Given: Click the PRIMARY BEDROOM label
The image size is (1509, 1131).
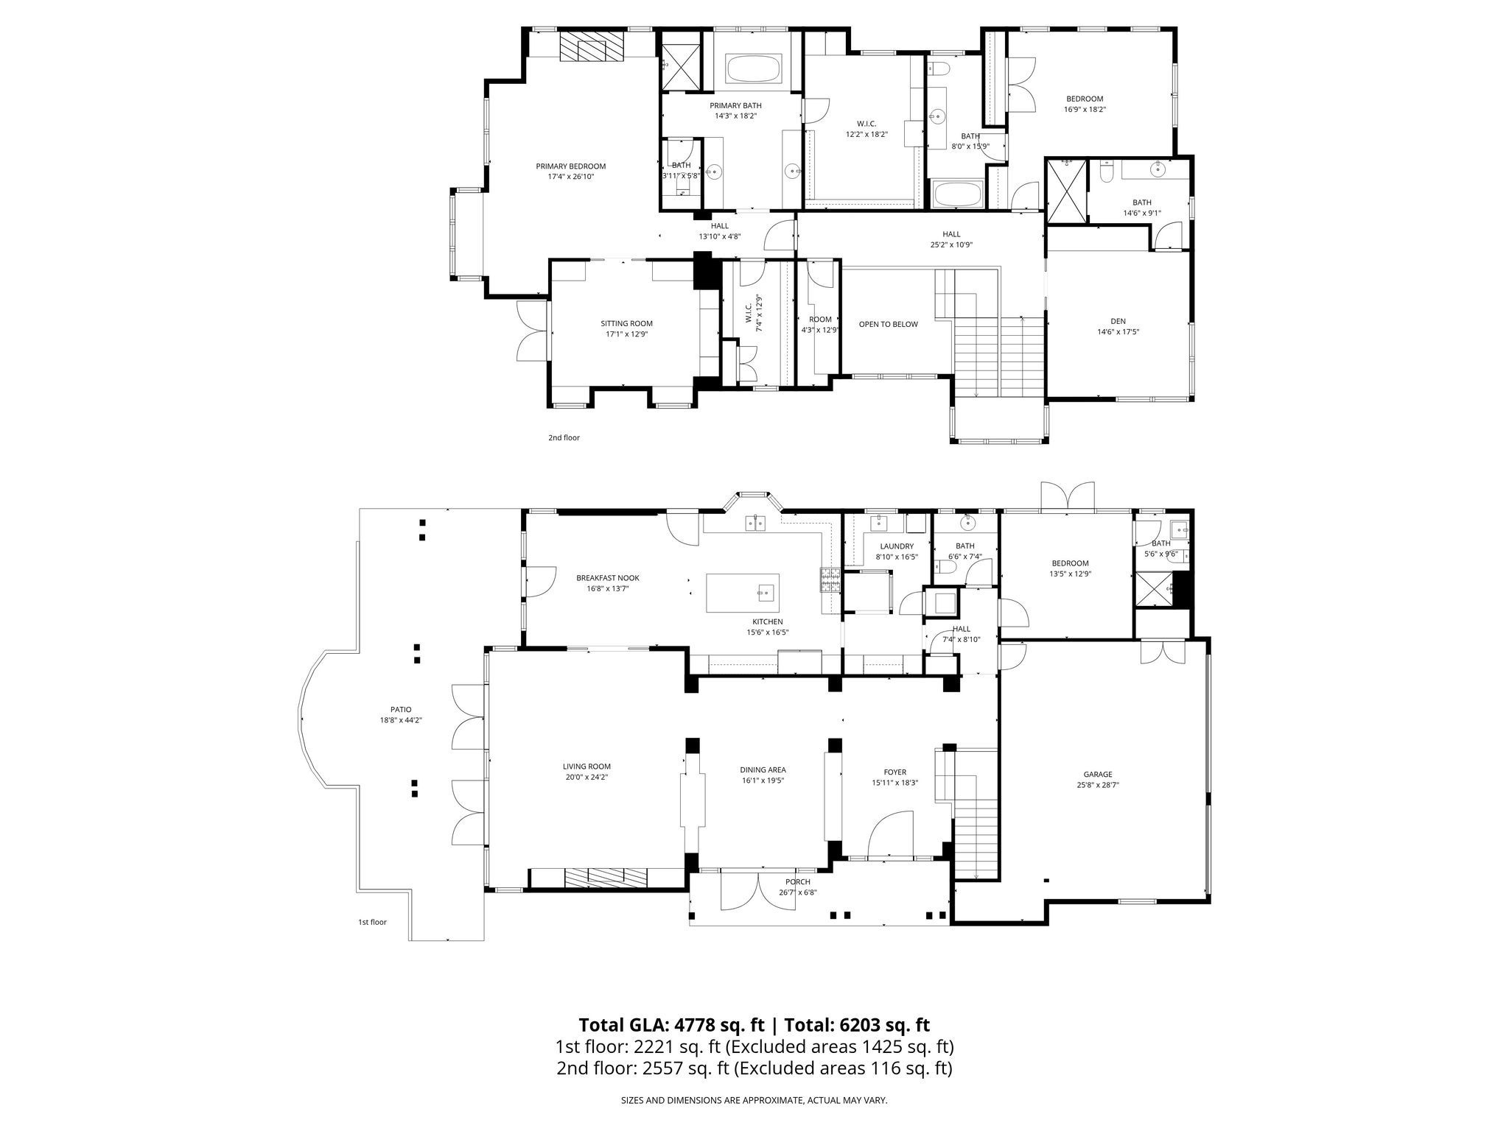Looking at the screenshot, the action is pyautogui.click(x=570, y=166).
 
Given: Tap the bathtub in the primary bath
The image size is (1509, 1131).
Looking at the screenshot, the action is pyautogui.click(x=756, y=69).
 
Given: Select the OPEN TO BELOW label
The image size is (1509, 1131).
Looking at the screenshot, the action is pyautogui.click(x=888, y=324).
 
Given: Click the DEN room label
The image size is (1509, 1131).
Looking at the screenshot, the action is pyautogui.click(x=1118, y=321).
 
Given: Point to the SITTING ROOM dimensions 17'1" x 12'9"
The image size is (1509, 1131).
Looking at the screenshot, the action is pyautogui.click(x=626, y=334).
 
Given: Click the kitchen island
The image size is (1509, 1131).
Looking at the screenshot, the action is pyautogui.click(x=743, y=593).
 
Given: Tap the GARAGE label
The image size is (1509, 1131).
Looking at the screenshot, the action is pyautogui.click(x=1098, y=774).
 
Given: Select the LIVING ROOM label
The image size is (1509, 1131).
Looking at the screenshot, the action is pyautogui.click(x=587, y=767).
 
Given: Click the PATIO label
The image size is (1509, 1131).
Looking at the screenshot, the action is pyautogui.click(x=401, y=710).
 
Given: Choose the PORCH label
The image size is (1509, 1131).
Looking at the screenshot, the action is pyautogui.click(x=798, y=882).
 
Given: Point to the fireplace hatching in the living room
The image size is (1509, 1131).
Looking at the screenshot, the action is pyautogui.click(x=606, y=878).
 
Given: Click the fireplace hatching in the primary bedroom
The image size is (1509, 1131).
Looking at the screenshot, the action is pyautogui.click(x=592, y=48).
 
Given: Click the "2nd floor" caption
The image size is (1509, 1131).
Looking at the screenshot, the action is pyautogui.click(x=564, y=437).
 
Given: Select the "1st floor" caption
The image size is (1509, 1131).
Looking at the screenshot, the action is pyautogui.click(x=372, y=922).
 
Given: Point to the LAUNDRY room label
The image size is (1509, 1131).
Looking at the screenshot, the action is pyautogui.click(x=897, y=546).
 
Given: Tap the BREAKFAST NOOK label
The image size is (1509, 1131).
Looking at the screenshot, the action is pyautogui.click(x=608, y=578).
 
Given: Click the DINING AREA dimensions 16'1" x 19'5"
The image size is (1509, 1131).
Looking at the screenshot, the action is pyautogui.click(x=763, y=780).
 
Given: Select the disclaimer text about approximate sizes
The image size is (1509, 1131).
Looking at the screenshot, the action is pyautogui.click(x=754, y=1100).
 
